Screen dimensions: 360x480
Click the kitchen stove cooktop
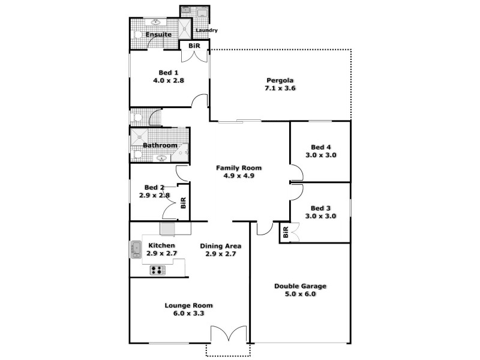pyautogui.click(x=157, y=270)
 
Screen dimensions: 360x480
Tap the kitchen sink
pyautogui.click(x=134, y=249)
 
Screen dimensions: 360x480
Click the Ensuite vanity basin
pyautogui.click(x=157, y=23)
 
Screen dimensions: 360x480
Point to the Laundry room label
pyautogui.click(x=206, y=31)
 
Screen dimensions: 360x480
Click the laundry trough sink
pyautogui.click(x=186, y=10)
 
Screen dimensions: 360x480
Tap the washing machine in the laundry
pyautogui.click(x=201, y=12)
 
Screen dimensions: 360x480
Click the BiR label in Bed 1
pyautogui.click(x=194, y=46)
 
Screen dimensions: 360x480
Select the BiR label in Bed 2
pyautogui.click(x=184, y=203)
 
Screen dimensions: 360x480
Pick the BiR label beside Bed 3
pyautogui.click(x=286, y=232)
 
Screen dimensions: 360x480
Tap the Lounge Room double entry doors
pyautogui.click(x=229, y=334)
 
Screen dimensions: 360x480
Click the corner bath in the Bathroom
pyautogui.click(x=182, y=152)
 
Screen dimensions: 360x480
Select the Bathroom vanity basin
pyautogui.click(x=161, y=158)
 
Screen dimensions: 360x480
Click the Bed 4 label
pyautogui.click(x=320, y=147)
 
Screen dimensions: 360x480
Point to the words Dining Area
pyautogui.click(x=221, y=245)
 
